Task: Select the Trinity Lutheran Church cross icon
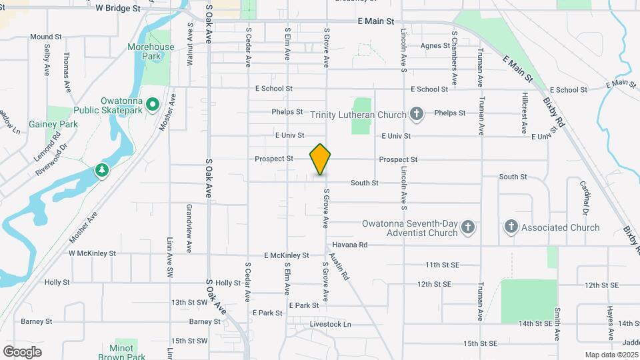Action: [417, 115]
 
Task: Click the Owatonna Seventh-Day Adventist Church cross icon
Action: [468, 227]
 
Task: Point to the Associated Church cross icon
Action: [511, 227]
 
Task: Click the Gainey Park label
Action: [53, 124]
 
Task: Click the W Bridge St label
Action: [118, 9]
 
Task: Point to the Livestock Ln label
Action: [330, 325]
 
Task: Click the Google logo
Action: [22, 351]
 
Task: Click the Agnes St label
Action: [436, 46]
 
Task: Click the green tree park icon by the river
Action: [102, 171]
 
